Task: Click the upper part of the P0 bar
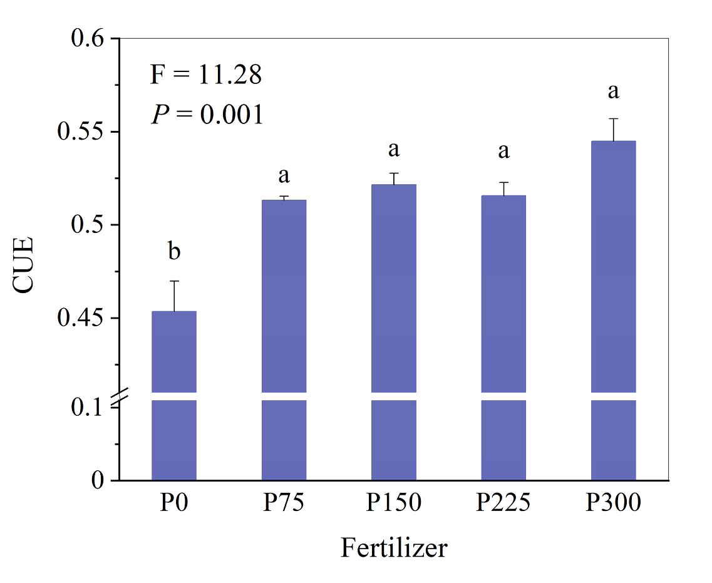(x=174, y=351)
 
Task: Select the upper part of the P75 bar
(x=284, y=294)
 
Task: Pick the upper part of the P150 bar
(x=394, y=288)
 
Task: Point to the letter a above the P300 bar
(x=614, y=92)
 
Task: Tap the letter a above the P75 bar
(x=284, y=176)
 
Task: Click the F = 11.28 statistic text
(x=205, y=76)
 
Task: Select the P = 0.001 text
(x=207, y=115)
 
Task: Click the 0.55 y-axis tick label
(x=82, y=132)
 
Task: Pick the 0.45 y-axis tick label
(x=82, y=318)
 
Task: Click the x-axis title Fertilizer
(x=394, y=549)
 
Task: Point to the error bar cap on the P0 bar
(x=174, y=281)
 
